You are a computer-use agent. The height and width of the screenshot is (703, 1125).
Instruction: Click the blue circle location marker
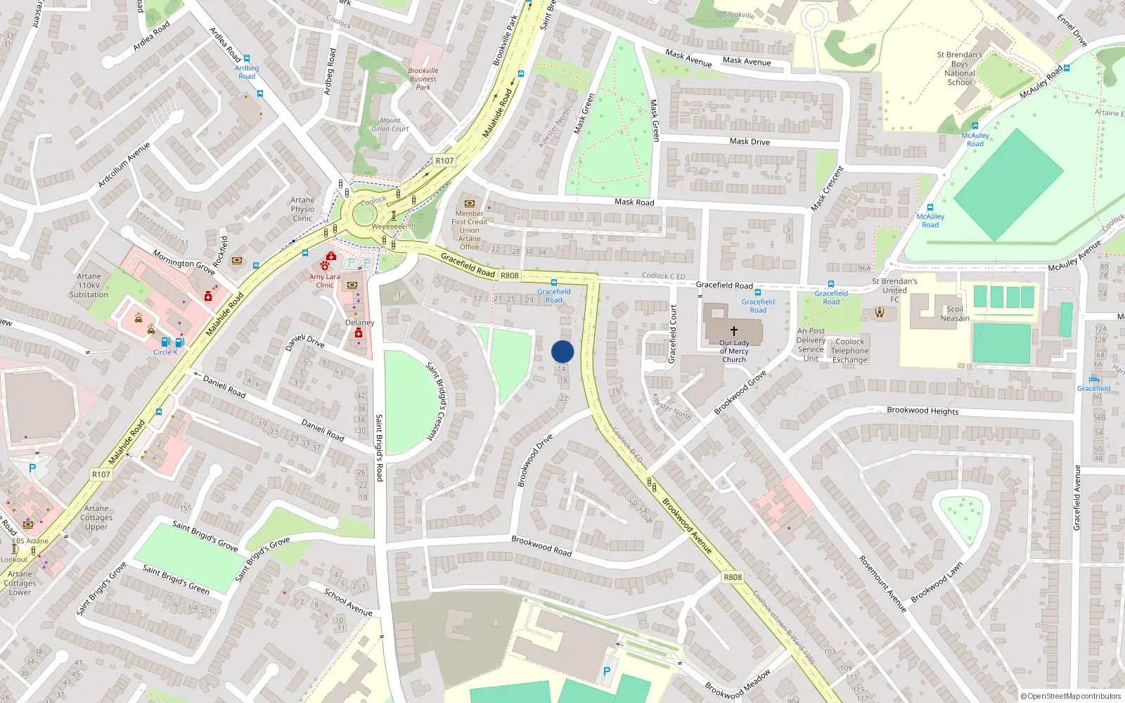click(x=562, y=351)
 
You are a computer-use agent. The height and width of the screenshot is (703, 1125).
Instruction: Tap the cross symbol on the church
click(x=734, y=330)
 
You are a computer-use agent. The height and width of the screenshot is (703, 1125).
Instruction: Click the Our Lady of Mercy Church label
click(x=734, y=351)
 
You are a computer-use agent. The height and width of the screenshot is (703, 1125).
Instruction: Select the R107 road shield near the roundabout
click(x=444, y=161)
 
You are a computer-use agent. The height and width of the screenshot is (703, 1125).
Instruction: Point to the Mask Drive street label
click(x=750, y=141)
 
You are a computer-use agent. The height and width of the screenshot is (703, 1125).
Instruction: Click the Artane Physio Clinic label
click(x=302, y=209)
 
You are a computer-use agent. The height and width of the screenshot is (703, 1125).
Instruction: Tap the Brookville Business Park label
click(x=423, y=79)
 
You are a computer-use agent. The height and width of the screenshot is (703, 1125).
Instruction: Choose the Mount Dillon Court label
click(x=390, y=124)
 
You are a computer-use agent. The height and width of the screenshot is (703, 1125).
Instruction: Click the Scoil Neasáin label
click(x=955, y=314)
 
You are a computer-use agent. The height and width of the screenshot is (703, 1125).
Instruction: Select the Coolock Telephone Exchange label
click(x=850, y=351)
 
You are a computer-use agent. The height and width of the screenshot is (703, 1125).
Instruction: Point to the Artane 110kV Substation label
click(x=89, y=285)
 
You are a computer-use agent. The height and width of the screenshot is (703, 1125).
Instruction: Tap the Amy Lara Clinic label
click(x=324, y=280)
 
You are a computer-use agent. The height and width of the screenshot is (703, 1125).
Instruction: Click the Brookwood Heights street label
click(x=922, y=411)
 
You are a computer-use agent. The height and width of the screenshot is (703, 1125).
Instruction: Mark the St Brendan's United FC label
click(x=894, y=290)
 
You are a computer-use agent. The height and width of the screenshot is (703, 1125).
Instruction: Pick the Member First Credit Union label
click(x=470, y=230)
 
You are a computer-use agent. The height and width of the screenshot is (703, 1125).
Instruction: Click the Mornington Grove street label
click(x=184, y=263)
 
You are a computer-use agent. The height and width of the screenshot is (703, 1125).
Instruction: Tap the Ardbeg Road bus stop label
click(x=247, y=72)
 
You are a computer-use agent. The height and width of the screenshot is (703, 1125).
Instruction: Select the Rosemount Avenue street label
click(x=883, y=583)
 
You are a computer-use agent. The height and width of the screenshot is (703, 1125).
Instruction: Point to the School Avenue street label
click(x=348, y=602)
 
